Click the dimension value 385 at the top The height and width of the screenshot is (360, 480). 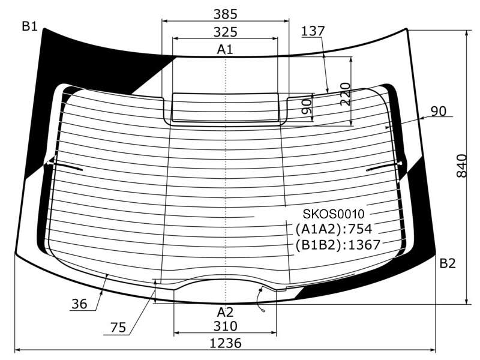226,14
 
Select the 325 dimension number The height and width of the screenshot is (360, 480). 226,32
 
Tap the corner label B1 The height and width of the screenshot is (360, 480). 29,26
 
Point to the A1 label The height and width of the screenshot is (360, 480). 225,49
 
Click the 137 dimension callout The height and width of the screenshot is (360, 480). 313,31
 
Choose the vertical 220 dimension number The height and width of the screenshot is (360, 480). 346,94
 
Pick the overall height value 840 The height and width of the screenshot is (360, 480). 461,166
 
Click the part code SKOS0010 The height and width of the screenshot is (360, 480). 334,214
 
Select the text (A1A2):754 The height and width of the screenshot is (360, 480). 334,229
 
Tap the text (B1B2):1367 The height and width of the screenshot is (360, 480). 338,245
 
